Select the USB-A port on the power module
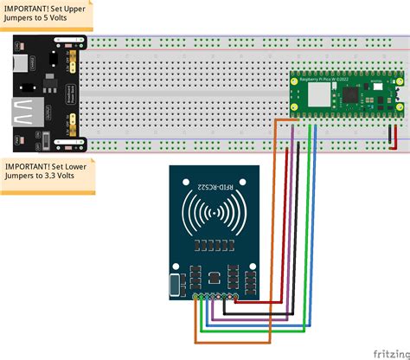click(23, 113)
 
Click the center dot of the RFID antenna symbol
click(210, 213)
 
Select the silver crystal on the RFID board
click(176, 284)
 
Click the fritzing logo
click(390, 352)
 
